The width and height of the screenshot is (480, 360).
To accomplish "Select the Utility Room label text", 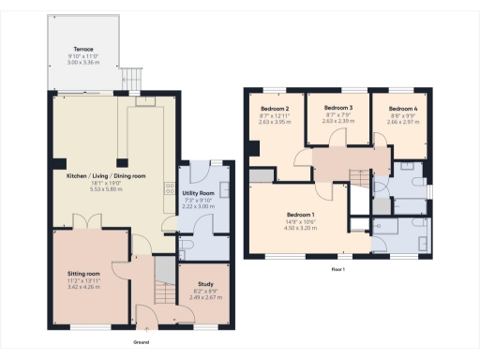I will [200, 191].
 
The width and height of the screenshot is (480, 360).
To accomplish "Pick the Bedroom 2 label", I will [276, 108].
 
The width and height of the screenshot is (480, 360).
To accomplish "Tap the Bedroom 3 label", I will [337, 108].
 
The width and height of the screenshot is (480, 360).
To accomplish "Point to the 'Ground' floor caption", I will [140, 343].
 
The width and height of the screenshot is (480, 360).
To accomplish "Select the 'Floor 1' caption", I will [337, 269].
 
